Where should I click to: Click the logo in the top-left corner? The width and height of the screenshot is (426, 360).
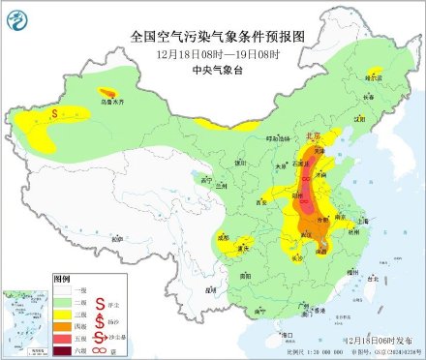[x=17, y=17]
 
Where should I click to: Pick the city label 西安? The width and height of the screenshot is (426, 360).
[x=259, y=202]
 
